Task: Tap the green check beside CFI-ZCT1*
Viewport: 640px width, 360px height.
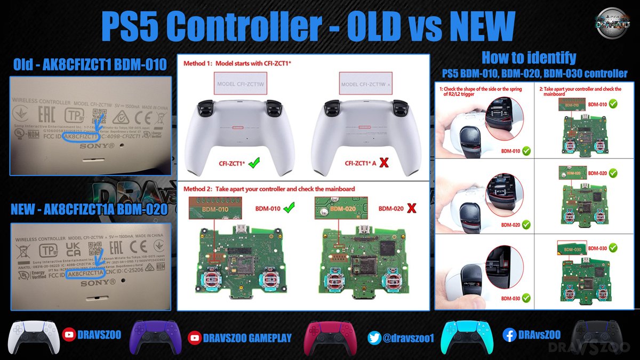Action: tap(255, 163)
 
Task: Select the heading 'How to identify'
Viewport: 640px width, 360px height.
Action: tap(529, 57)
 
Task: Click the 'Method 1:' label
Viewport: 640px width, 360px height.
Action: tap(199, 63)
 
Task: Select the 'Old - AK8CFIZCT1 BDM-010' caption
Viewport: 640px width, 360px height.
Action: tap(91, 65)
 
